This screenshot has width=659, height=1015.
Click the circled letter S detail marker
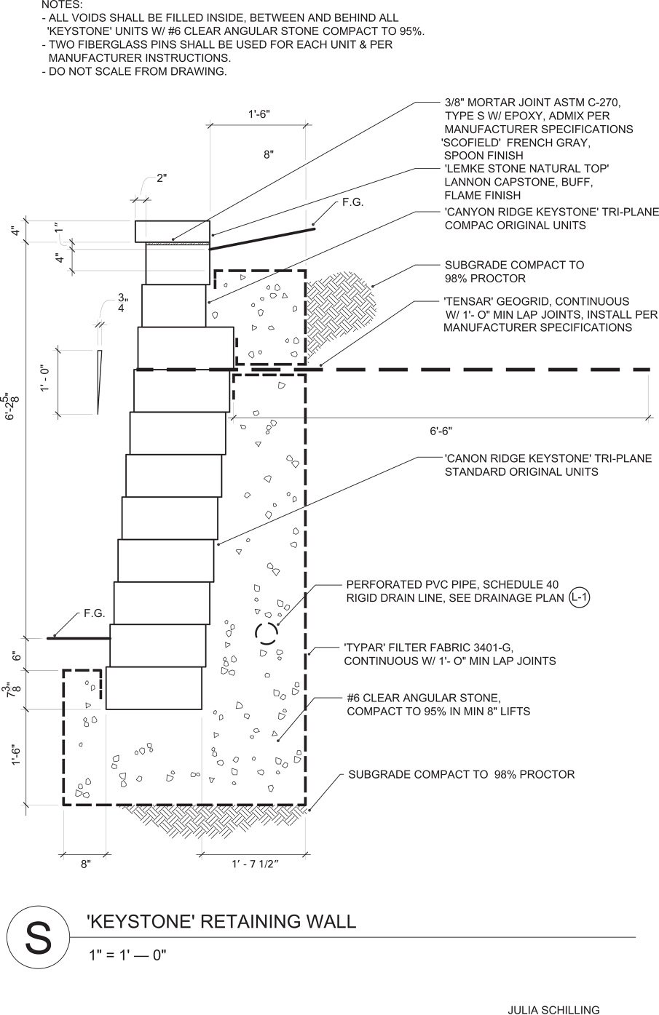(x=39, y=938)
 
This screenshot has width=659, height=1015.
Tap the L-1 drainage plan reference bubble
(x=580, y=598)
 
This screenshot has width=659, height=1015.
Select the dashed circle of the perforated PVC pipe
(x=267, y=634)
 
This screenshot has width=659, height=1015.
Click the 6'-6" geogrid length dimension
(x=441, y=431)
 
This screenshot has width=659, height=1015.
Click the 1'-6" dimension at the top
(x=259, y=114)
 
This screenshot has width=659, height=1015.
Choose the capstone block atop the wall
(x=173, y=231)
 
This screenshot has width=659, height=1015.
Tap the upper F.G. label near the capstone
(x=352, y=203)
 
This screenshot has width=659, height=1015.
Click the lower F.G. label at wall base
(x=95, y=613)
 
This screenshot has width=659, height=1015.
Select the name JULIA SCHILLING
(x=553, y=1009)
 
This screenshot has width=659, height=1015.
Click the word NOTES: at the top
(x=62, y=5)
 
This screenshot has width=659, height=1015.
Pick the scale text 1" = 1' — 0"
(x=127, y=955)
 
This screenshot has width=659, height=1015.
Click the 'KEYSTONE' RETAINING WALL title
(x=221, y=922)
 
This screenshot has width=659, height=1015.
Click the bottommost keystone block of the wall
(x=154, y=688)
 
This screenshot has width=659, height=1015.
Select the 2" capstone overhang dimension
(x=162, y=178)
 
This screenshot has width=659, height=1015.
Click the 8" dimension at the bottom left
(x=86, y=864)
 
